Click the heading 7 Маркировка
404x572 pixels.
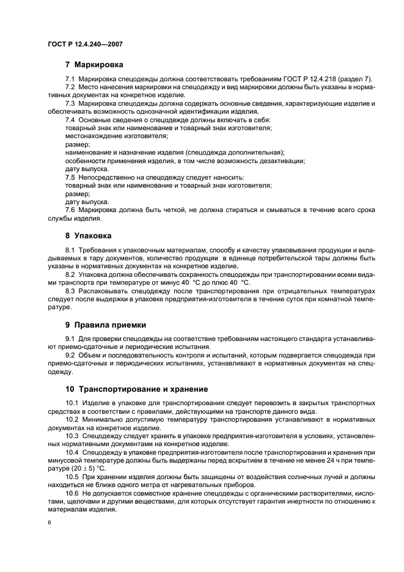click(x=94, y=65)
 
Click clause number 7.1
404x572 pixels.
click(x=70, y=80)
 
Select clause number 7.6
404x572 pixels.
click(x=70, y=210)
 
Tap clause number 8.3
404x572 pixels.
click(x=70, y=291)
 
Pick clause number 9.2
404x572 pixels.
click(x=70, y=355)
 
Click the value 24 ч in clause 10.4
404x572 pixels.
click(x=332, y=460)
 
